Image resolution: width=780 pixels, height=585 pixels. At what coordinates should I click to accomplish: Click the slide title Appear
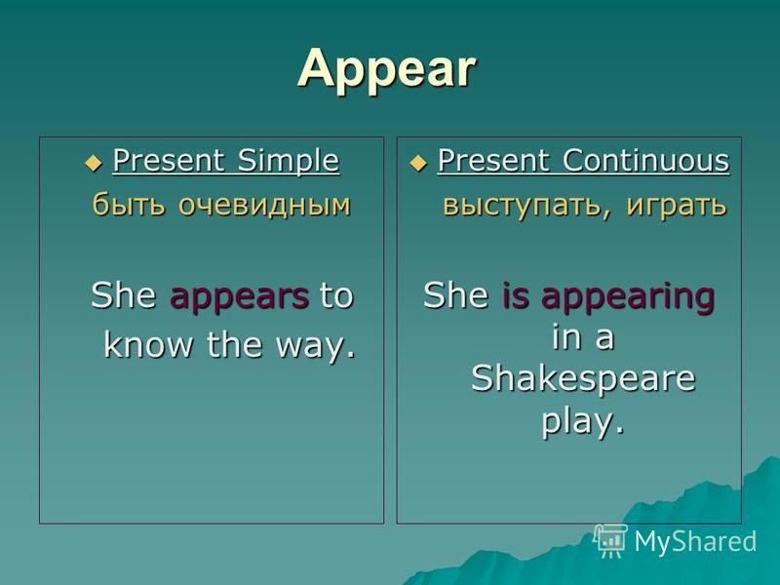pyautogui.click(x=386, y=69)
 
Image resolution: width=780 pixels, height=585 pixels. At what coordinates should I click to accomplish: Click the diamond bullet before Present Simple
pyautogui.click(x=93, y=163)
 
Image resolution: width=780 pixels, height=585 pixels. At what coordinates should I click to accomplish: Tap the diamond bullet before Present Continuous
pyautogui.click(x=418, y=163)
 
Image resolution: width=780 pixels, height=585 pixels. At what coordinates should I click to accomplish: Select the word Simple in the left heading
pyautogui.click(x=289, y=161)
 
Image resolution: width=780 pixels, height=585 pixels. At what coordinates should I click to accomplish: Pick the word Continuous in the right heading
pyautogui.click(x=645, y=160)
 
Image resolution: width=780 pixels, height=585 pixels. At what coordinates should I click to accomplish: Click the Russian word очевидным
pyautogui.click(x=264, y=205)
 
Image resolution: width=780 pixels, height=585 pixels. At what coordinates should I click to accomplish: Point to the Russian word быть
pyautogui.click(x=129, y=204)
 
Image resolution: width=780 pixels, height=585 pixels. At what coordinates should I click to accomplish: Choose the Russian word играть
pyautogui.click(x=676, y=205)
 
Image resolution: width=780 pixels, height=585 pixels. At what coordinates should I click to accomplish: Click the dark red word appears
pyautogui.click(x=239, y=297)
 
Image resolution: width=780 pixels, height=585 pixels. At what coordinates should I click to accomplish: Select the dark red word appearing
pyautogui.click(x=628, y=297)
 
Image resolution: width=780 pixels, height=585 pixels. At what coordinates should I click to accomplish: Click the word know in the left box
pyautogui.click(x=148, y=343)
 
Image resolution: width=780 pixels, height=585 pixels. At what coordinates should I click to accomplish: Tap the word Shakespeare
pyautogui.click(x=583, y=378)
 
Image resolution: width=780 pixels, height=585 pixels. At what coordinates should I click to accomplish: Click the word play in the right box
pyautogui.click(x=582, y=422)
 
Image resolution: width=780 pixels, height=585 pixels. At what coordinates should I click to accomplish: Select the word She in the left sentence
pyautogui.click(x=124, y=295)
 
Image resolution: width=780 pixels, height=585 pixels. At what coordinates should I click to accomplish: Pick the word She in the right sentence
pyautogui.click(x=455, y=295)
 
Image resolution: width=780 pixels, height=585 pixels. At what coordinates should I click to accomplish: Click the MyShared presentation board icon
pyautogui.click(x=610, y=541)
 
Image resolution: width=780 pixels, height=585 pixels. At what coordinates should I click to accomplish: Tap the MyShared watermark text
pyautogui.click(x=695, y=542)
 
